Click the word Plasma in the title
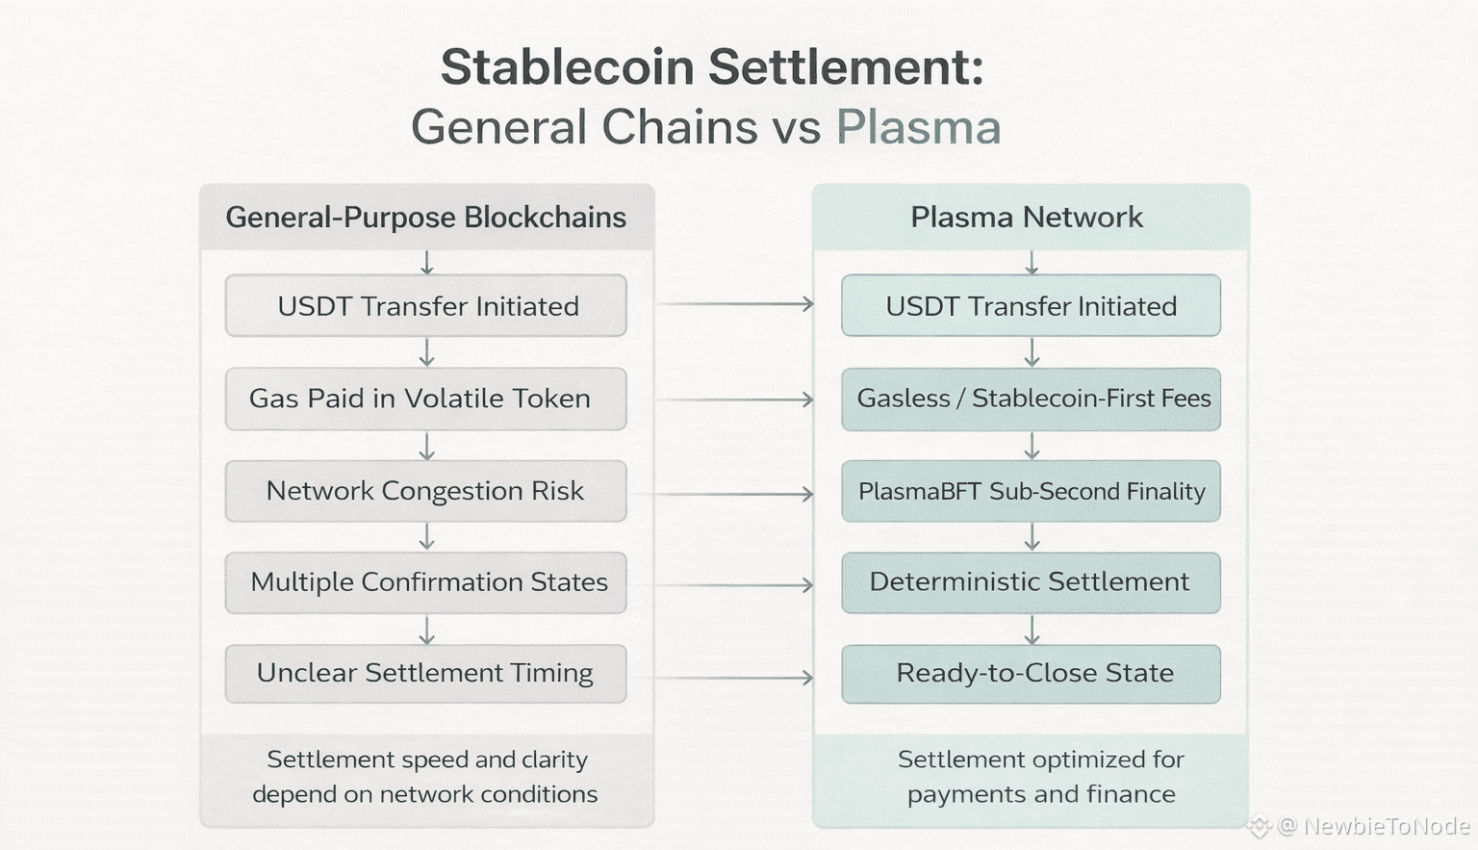(919, 126)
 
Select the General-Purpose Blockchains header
(426, 218)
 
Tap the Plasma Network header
(1031, 218)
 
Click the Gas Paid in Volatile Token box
(425, 399)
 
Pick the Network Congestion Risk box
(425, 491)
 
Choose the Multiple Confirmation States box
(425, 582)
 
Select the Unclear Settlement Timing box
(425, 674)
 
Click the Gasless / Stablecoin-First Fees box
(1032, 399)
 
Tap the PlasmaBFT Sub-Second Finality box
(1032, 491)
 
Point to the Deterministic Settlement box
(1032, 582)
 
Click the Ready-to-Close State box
(1032, 674)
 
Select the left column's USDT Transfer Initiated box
(425, 305)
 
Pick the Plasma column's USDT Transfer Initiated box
(1032, 305)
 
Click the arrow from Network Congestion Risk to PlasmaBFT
(721, 494)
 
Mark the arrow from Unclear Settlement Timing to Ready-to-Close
(721, 677)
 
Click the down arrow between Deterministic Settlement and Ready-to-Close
(1032, 630)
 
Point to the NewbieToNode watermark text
(1387, 826)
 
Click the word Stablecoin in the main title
(568, 66)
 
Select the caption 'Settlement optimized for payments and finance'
(1041, 777)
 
